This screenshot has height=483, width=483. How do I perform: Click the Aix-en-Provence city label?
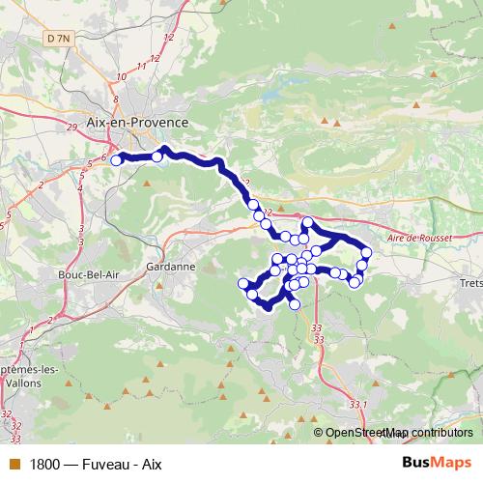click(x=138, y=124)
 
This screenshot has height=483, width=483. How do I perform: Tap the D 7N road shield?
click(x=57, y=38)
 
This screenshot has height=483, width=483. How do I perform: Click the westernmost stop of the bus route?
click(x=116, y=160)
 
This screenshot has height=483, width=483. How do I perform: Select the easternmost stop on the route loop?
click(x=366, y=252)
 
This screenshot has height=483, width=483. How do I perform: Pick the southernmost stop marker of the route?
click(x=295, y=305)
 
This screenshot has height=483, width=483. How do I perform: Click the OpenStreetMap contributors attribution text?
click(x=400, y=434)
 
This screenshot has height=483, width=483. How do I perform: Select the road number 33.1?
click(x=359, y=404)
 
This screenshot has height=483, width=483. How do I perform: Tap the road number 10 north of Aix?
click(x=124, y=75)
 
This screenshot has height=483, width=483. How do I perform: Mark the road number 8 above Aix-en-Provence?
click(x=116, y=99)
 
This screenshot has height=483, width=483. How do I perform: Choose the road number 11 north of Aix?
click(x=143, y=65)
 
